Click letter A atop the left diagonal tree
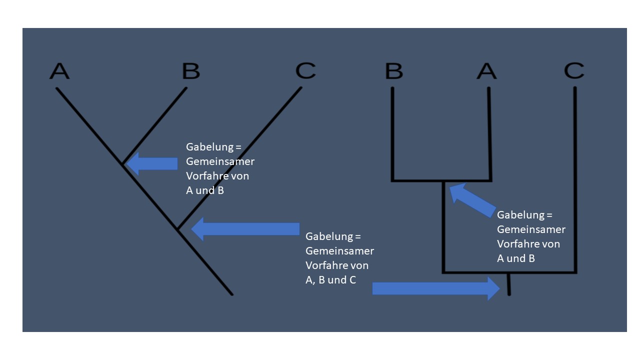[x=59, y=71]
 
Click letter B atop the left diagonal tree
[x=190, y=71]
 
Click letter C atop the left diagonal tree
[x=305, y=71]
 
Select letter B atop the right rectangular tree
[x=394, y=71]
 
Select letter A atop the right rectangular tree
[x=486, y=71]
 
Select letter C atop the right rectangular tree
[x=574, y=71]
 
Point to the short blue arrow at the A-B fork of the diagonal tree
[x=152, y=163]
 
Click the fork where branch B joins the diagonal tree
[x=122, y=163]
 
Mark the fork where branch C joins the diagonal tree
[x=177, y=229]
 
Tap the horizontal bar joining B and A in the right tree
[x=442, y=180]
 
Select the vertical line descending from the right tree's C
[x=575, y=180]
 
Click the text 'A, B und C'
[x=330, y=279]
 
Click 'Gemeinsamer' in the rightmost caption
[x=531, y=229]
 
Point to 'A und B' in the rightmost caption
[x=515, y=258]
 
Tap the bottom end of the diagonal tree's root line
[x=231, y=293]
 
